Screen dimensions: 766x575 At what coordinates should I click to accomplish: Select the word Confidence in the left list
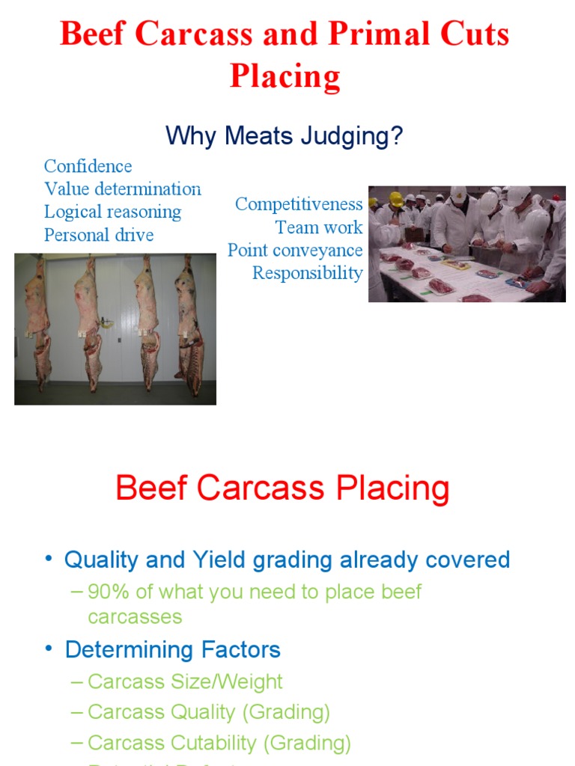point(88,166)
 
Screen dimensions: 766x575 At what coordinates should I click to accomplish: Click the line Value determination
point(122,189)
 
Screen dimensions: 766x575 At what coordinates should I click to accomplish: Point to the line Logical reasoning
point(112,212)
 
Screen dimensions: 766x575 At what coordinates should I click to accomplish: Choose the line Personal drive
point(98,235)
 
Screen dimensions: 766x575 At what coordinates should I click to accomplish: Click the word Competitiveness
point(299,204)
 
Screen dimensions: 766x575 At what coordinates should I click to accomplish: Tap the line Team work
point(319,227)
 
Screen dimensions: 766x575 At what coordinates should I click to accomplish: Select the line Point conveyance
point(295,250)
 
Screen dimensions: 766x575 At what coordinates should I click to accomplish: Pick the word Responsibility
point(307,273)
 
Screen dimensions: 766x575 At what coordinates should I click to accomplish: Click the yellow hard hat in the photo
point(396,199)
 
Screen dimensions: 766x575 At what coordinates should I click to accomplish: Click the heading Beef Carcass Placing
point(282,488)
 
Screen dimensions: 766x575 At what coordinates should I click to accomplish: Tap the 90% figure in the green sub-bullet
point(109,592)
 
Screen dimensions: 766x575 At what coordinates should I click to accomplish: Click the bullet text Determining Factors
point(172,649)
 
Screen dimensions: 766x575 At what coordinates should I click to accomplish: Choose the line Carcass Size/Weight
point(184,681)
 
